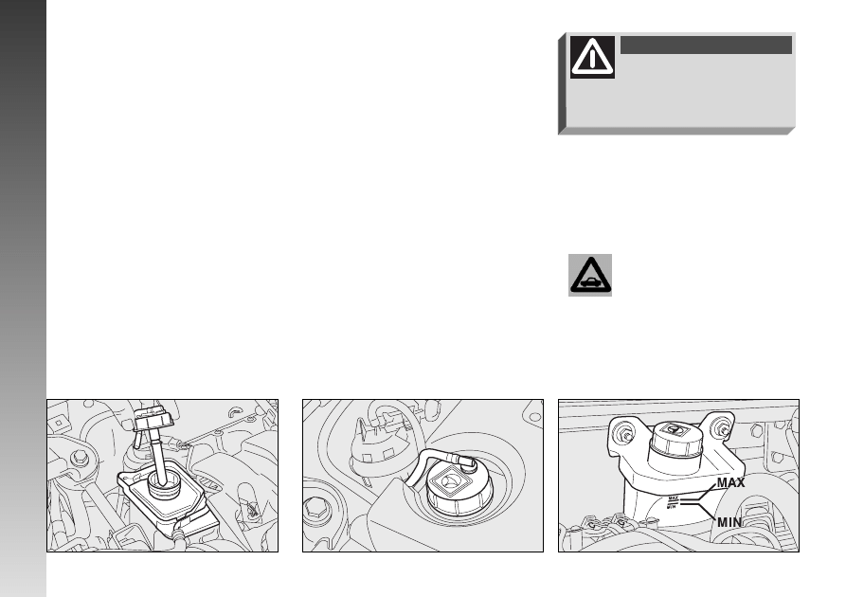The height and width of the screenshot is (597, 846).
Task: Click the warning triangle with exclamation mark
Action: click(x=592, y=57)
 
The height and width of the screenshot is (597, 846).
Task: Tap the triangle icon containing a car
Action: click(x=590, y=276)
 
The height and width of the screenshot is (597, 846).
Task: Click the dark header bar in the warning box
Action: click(x=706, y=45)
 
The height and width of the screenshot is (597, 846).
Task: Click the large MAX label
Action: click(x=730, y=482)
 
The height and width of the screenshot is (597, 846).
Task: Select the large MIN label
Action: click(x=729, y=522)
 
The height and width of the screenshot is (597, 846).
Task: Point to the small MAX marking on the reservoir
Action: click(x=673, y=498)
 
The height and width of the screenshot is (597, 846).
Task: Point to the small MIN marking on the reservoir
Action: click(x=672, y=506)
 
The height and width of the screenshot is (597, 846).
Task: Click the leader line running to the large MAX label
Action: click(x=697, y=494)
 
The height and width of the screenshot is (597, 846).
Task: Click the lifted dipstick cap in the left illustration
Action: click(x=153, y=420)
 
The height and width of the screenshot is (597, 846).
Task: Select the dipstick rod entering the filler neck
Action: click(x=159, y=458)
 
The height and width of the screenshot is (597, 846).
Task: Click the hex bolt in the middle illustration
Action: click(x=315, y=509)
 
